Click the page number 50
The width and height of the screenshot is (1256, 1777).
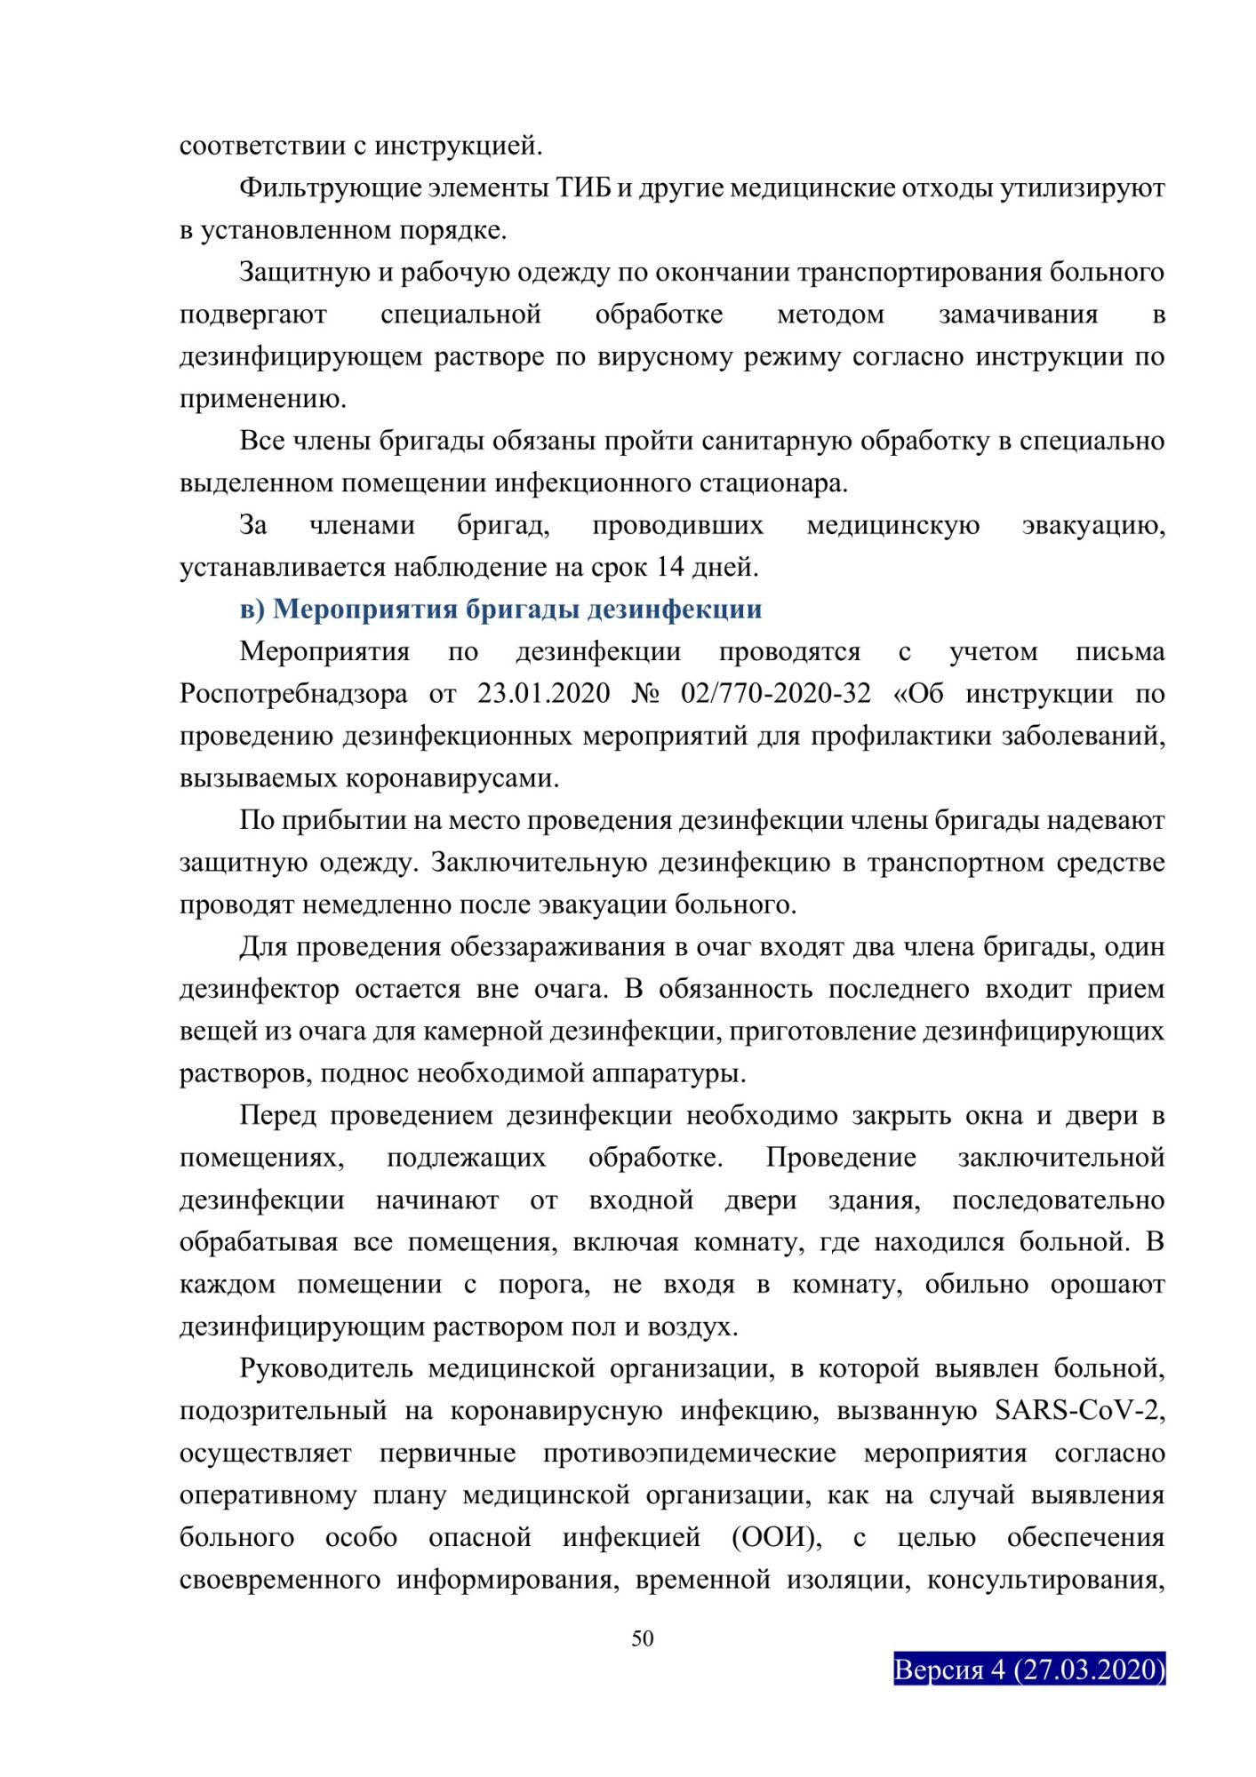642,1638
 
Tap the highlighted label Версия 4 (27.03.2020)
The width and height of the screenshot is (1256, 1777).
1028,1669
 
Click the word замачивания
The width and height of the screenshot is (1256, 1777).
1018,315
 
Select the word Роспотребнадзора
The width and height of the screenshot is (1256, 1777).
293,694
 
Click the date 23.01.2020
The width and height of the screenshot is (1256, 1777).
544,694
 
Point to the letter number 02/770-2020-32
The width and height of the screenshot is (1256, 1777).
776,694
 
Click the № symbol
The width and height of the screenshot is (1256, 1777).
646,694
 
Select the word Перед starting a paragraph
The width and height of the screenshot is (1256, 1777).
277,1116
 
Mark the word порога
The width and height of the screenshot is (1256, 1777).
543,1285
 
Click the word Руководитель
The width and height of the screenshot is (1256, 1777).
326,1368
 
